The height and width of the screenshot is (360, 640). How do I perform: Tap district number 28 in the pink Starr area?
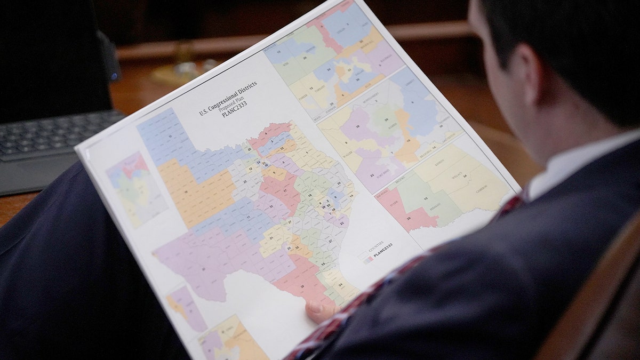tap(409, 218)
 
